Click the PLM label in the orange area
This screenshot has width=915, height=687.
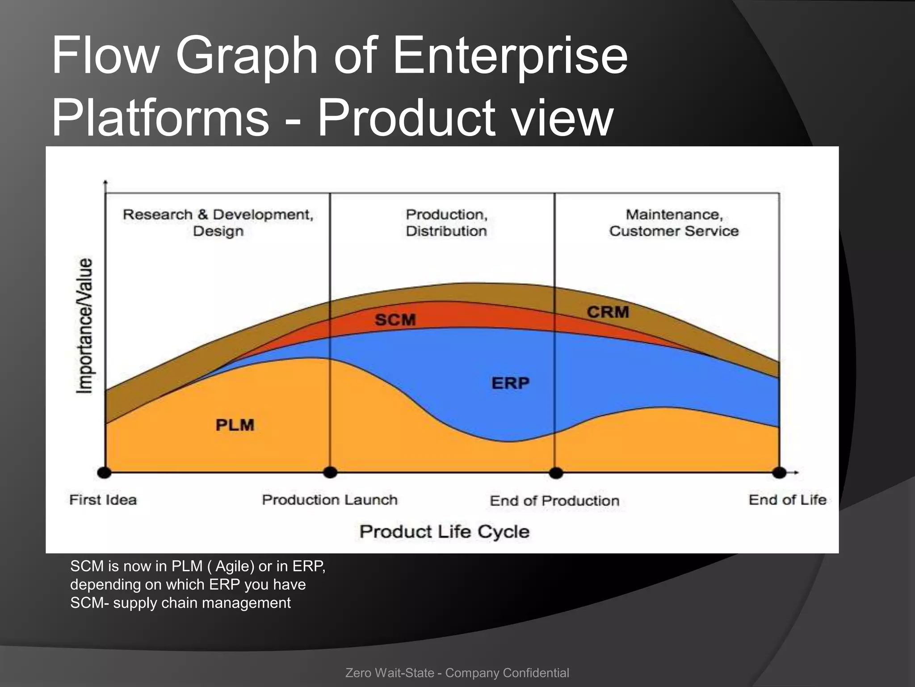[235, 425]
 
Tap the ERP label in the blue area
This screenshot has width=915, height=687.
[510, 383]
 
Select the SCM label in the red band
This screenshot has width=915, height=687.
[395, 320]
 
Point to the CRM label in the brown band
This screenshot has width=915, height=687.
[608, 312]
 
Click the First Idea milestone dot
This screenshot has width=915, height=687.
[104, 472]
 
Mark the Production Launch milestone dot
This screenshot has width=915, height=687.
[330, 472]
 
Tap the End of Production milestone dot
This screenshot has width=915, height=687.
[556, 473]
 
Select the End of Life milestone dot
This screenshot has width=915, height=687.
[779, 473]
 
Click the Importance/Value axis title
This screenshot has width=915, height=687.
[85, 326]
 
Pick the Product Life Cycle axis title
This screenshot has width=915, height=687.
[445, 532]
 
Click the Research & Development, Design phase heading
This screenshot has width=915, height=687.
[218, 223]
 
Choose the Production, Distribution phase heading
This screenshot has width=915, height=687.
[446, 223]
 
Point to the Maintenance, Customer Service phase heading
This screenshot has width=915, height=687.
[674, 223]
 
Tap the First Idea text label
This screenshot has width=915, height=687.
[103, 500]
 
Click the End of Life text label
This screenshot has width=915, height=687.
[787, 500]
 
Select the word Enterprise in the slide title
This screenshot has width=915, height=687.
[510, 56]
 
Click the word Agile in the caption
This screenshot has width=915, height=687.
[235, 566]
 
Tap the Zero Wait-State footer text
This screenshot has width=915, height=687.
[457, 673]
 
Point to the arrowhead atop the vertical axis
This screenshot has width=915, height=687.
[105, 182]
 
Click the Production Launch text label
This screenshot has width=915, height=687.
[330, 500]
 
